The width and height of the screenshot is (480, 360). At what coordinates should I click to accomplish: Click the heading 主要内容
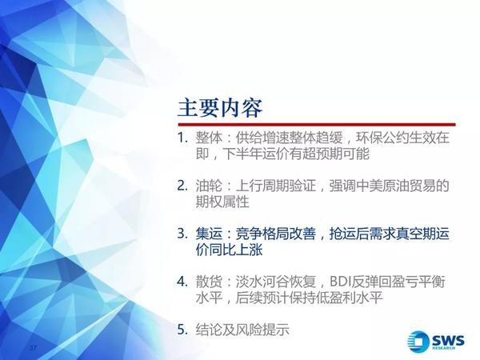tap(220, 108)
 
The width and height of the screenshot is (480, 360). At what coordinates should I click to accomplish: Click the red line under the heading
tap(317, 125)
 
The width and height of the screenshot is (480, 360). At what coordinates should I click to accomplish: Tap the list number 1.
tap(182, 138)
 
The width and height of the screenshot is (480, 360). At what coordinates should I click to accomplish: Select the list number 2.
tap(182, 186)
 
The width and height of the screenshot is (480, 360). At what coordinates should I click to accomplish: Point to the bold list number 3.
tap(182, 234)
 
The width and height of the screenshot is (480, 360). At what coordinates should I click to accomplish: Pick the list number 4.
tap(182, 282)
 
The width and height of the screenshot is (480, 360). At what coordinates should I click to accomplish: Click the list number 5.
tap(182, 330)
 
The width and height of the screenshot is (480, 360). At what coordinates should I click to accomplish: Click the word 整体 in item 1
tap(209, 138)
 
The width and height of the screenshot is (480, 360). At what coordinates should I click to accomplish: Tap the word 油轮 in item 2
tap(209, 186)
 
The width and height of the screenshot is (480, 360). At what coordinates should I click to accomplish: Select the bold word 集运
tap(209, 234)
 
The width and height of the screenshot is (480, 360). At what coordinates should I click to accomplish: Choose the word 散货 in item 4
tap(209, 282)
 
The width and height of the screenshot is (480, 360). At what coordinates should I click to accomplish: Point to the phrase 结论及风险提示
tap(242, 330)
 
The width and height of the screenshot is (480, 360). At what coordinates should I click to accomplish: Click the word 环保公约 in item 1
tap(382, 138)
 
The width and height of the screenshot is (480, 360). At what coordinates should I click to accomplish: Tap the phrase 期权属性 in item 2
tap(222, 202)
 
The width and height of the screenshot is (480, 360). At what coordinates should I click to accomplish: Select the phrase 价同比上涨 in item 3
tap(230, 250)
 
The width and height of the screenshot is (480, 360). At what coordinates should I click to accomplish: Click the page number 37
tap(33, 348)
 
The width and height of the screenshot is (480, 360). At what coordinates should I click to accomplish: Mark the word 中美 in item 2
tap(369, 186)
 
